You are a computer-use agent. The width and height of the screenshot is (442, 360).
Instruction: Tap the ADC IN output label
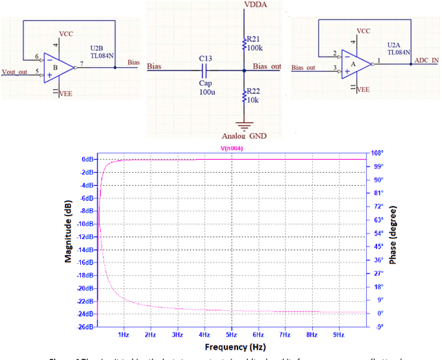click(425, 60)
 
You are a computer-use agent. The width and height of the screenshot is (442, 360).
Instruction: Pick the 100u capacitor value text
click(206, 92)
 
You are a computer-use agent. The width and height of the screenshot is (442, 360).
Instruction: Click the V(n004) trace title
click(231, 148)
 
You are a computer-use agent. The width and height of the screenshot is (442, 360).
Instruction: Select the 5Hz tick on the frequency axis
click(231, 334)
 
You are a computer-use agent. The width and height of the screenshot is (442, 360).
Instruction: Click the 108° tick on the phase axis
click(378, 153)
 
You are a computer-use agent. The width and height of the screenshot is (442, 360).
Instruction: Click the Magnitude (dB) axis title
click(69, 238)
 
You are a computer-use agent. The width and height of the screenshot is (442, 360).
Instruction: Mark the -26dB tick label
click(84, 327)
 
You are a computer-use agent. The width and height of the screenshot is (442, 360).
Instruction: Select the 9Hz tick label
click(338, 334)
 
